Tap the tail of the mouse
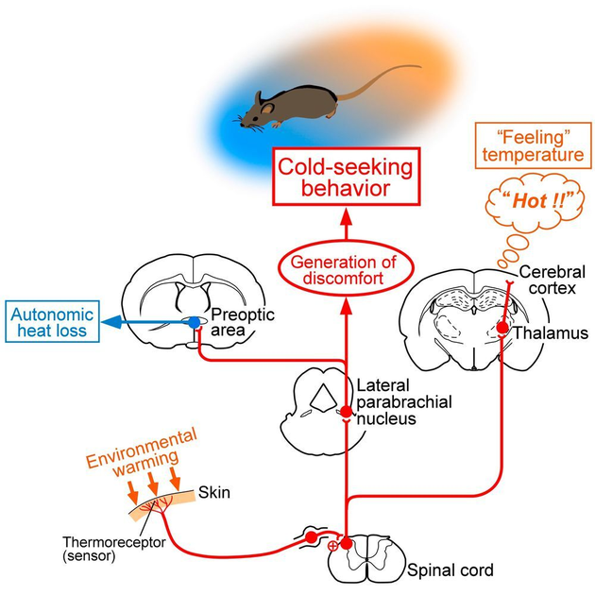click(378, 77)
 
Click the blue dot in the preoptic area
click(195, 323)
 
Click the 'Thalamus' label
click(542, 333)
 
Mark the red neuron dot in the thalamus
click(502, 329)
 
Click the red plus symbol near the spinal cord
click(331, 546)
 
